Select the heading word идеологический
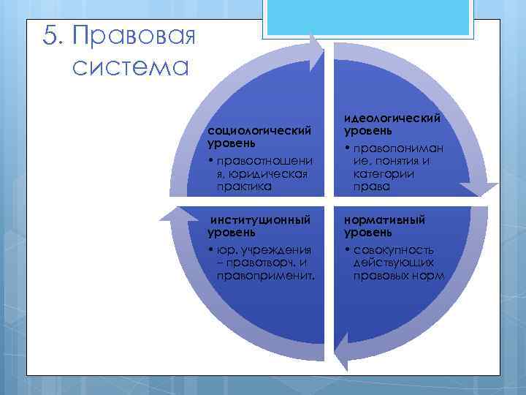tap(392, 118)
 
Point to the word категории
tap(384, 174)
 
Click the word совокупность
tap(393, 250)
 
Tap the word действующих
tap(394, 262)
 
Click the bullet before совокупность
tap(347, 250)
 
